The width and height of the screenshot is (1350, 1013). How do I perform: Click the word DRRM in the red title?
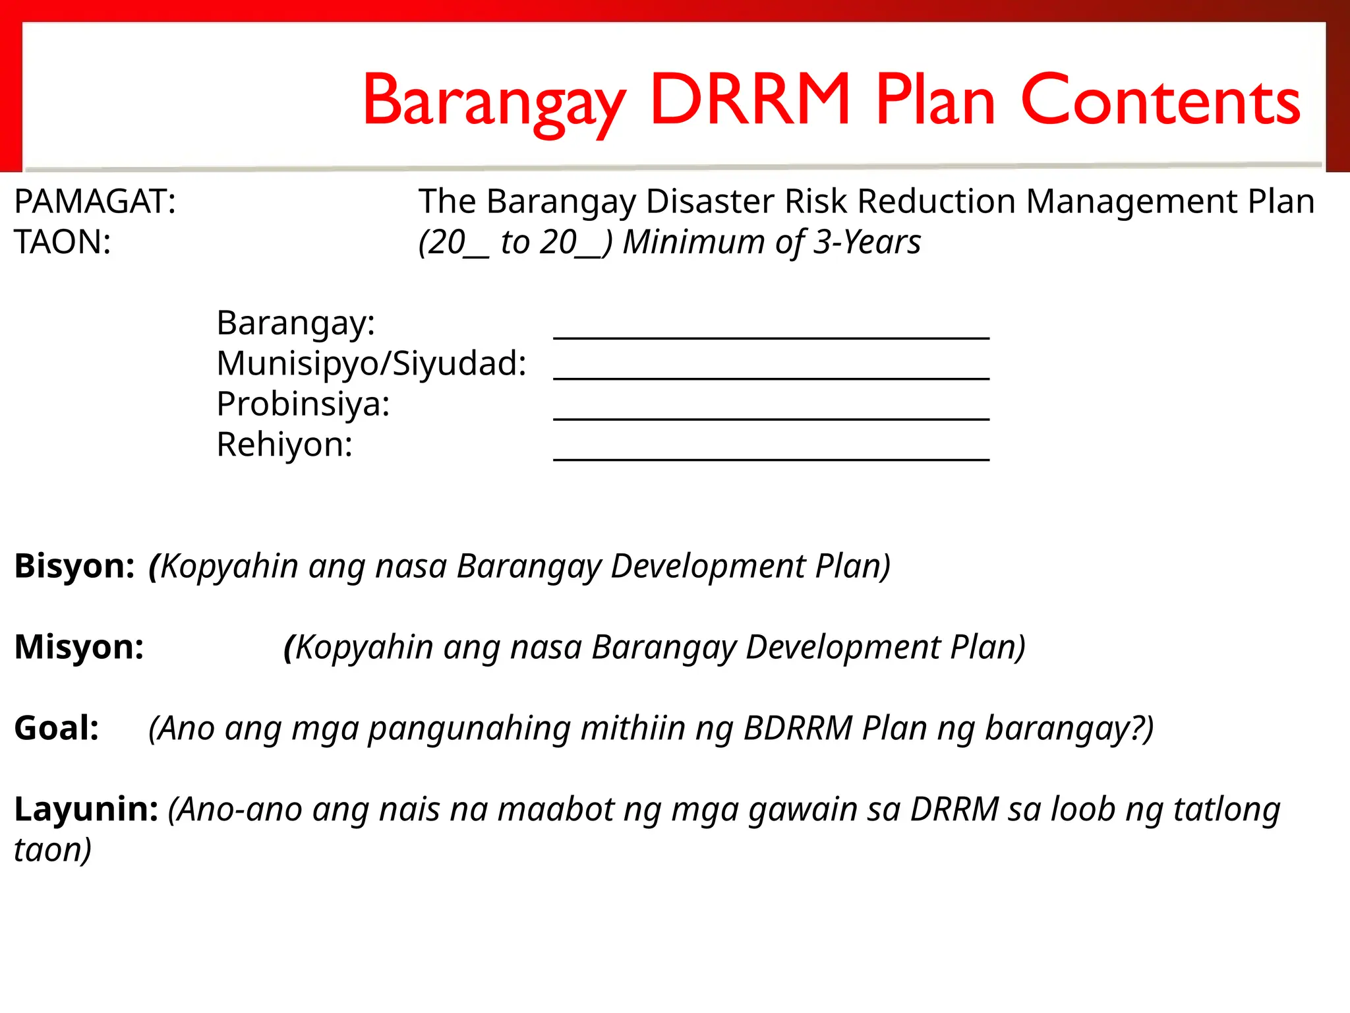pyautogui.click(x=750, y=100)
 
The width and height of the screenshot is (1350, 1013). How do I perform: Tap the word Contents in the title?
pyautogui.click(x=1160, y=100)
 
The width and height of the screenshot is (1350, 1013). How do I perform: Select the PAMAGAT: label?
pyautogui.click(x=95, y=202)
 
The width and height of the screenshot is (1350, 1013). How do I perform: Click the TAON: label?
pyautogui.click(x=63, y=242)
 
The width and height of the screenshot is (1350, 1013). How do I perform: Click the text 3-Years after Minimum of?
pyautogui.click(x=867, y=242)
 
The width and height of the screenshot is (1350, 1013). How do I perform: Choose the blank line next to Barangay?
pyautogui.click(x=771, y=337)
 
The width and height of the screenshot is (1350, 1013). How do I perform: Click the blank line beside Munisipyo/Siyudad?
pyautogui.click(x=771, y=377)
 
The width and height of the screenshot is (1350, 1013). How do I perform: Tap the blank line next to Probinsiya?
pyautogui.click(x=771, y=418)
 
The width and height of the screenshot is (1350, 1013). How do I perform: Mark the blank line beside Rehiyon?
pyautogui.click(x=771, y=458)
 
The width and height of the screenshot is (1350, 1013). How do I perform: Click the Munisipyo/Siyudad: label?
pyautogui.click(x=372, y=364)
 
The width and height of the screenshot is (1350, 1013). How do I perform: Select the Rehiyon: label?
pyautogui.click(x=285, y=445)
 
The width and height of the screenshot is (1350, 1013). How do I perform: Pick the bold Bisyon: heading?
pyautogui.click(x=74, y=566)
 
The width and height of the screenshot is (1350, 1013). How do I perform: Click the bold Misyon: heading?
pyautogui.click(x=79, y=647)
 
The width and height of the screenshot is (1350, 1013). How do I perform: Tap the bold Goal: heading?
pyautogui.click(x=57, y=728)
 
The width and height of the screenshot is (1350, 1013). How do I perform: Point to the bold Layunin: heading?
pyautogui.click(x=86, y=809)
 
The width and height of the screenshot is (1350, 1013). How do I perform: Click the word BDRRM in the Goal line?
pyautogui.click(x=798, y=728)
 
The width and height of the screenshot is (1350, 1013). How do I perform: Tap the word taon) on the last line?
pyautogui.click(x=53, y=850)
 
